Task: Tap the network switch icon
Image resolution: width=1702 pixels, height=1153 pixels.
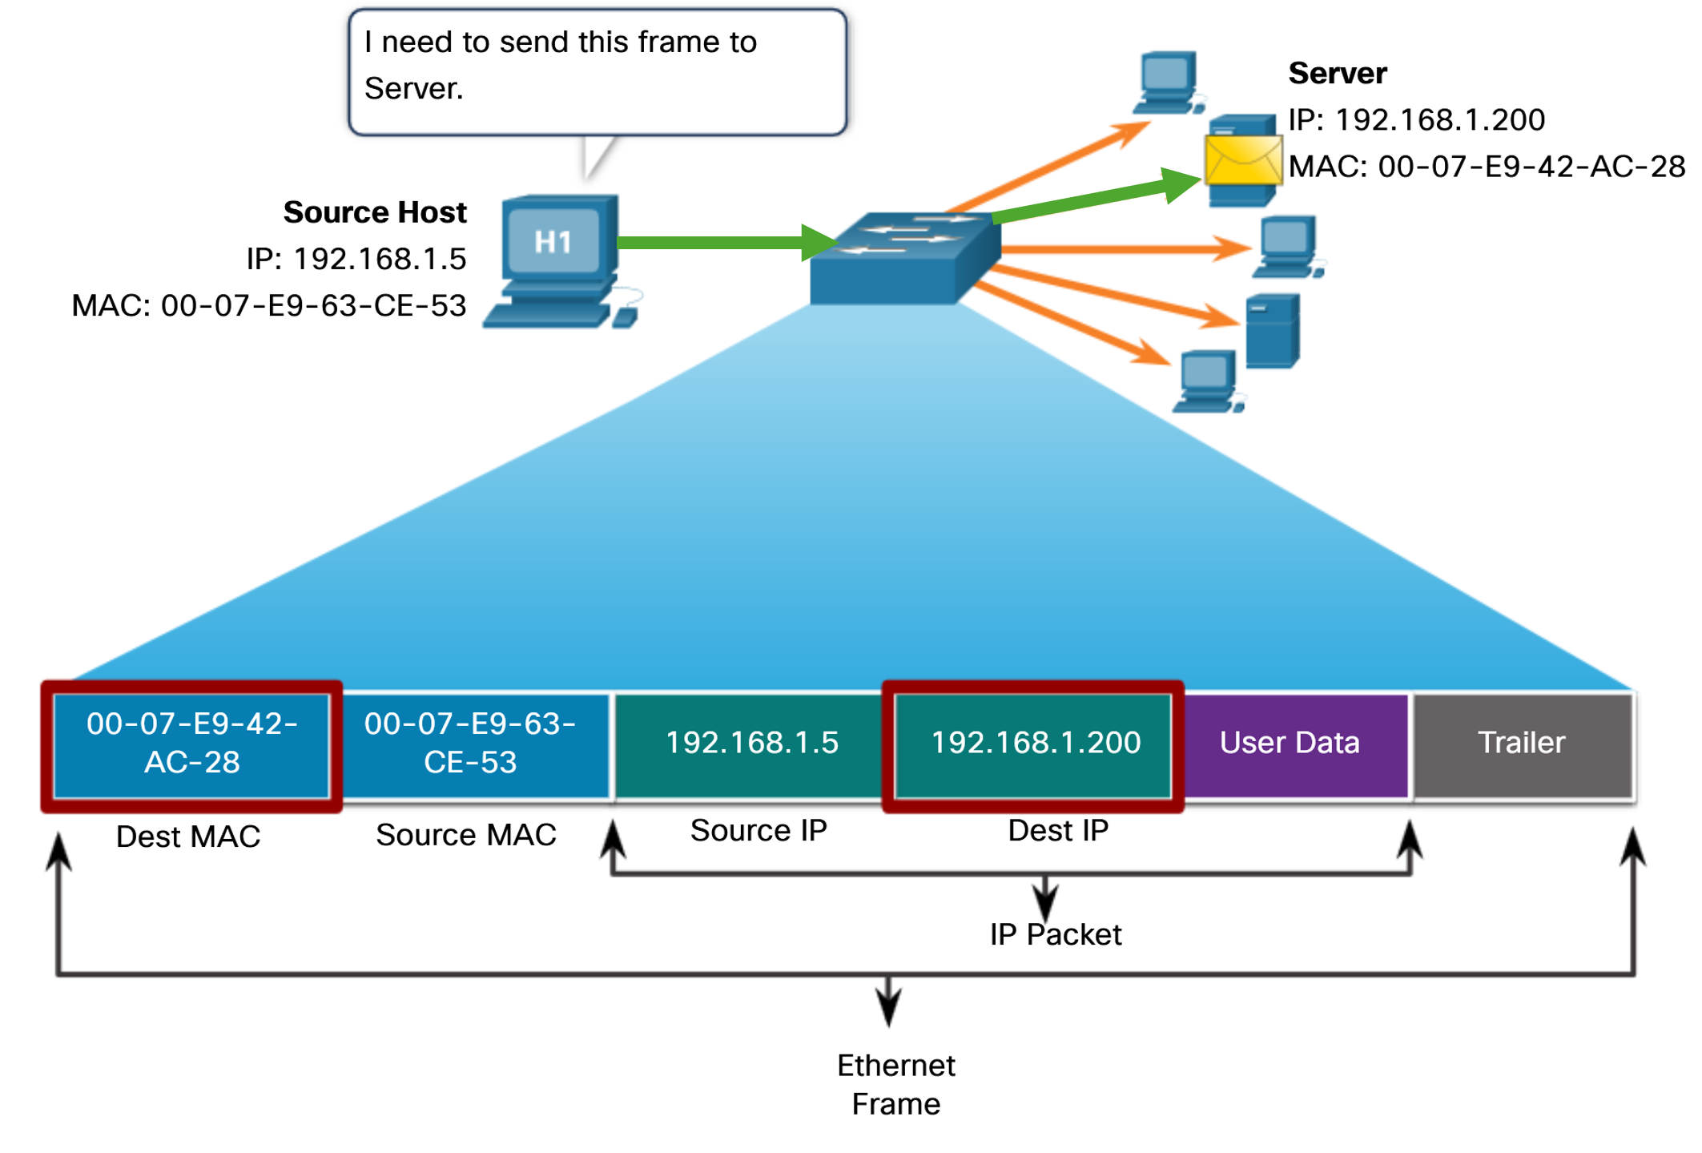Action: [x=905, y=258]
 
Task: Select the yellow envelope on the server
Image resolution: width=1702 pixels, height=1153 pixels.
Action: [x=1242, y=160]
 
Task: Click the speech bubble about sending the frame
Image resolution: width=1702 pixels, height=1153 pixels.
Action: [x=597, y=72]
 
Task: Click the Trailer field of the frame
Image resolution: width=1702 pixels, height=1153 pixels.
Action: [x=1521, y=743]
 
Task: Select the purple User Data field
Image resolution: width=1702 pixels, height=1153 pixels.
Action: [x=1290, y=743]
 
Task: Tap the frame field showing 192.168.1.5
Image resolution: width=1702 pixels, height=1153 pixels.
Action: [x=751, y=743]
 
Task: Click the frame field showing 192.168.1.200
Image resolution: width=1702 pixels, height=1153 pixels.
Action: [x=1035, y=743]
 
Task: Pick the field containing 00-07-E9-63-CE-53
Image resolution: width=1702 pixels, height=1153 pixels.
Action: [x=470, y=743]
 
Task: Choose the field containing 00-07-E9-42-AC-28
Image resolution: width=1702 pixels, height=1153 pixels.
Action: [x=192, y=743]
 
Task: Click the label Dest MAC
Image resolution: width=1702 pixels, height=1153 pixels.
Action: [x=188, y=837]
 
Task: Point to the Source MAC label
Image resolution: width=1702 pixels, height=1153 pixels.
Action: [x=466, y=835]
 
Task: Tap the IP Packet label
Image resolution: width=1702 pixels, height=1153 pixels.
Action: [x=1056, y=934]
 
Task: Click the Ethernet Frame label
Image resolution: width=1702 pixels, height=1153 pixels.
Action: [x=895, y=1084]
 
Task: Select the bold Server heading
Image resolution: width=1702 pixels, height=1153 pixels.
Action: [x=1337, y=73]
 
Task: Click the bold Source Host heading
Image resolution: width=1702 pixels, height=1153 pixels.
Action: [x=375, y=212]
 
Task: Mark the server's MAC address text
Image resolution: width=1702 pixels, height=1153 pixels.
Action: [x=1487, y=167]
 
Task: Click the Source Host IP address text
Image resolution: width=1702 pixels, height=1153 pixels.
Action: [x=356, y=259]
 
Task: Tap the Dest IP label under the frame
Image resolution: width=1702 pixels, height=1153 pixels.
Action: [x=1058, y=831]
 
